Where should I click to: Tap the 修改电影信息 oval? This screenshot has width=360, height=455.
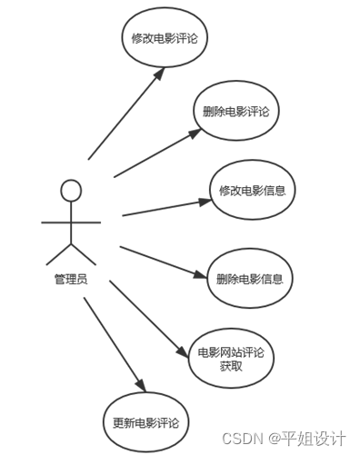coord(251,190)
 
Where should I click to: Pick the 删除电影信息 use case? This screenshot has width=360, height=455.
coord(249,278)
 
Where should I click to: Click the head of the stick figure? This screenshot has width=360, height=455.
coord(71,191)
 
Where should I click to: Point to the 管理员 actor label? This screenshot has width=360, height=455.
coord(71,279)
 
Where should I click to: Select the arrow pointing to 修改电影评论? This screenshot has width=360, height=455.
coord(127,113)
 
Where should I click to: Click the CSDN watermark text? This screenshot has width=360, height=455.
coord(245,439)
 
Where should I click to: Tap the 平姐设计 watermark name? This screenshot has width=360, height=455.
coord(317,439)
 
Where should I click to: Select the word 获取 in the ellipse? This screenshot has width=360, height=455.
coord(231,366)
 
